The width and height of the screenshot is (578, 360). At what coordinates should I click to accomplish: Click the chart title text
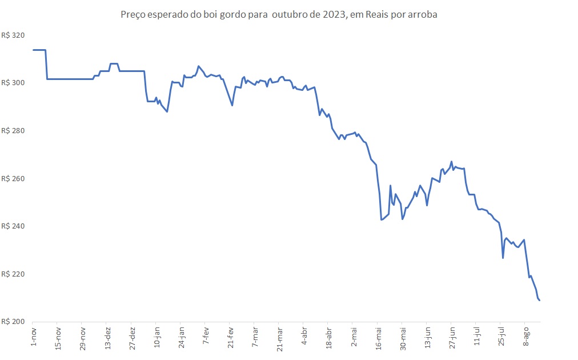tap(279, 15)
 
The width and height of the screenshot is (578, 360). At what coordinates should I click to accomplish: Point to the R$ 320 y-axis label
tap(14, 35)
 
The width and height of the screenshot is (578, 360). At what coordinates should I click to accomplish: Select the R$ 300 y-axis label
tap(14, 83)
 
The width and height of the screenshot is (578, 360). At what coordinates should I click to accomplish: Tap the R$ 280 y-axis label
tap(14, 131)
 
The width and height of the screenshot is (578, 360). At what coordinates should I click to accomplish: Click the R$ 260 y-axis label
tap(14, 179)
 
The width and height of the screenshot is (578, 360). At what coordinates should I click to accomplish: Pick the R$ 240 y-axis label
tap(14, 226)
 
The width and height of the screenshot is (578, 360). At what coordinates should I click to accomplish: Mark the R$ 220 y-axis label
tap(14, 274)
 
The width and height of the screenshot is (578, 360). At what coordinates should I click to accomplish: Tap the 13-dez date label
tap(108, 338)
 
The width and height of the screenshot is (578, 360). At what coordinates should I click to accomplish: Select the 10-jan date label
tap(157, 338)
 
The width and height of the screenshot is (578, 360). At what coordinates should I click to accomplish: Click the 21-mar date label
tap(280, 338)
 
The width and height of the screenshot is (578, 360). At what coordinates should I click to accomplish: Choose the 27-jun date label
tap(452, 338)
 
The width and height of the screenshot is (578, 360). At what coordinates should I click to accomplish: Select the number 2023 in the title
tap(335, 15)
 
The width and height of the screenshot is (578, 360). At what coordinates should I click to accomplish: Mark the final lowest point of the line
tap(540, 300)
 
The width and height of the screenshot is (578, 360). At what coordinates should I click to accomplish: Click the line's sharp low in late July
tap(503, 258)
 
